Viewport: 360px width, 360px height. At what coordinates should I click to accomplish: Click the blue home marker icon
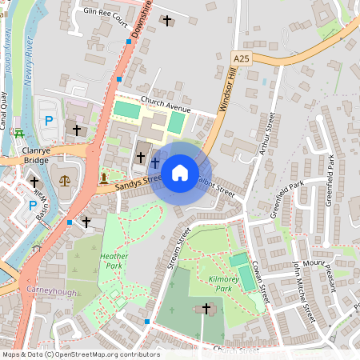click(x=180, y=172)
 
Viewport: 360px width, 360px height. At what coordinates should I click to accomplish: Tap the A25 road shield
click(x=242, y=59)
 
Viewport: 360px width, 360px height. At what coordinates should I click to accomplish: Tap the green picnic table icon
click(x=19, y=132)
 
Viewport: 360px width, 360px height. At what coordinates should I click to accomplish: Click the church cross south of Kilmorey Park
click(x=206, y=308)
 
